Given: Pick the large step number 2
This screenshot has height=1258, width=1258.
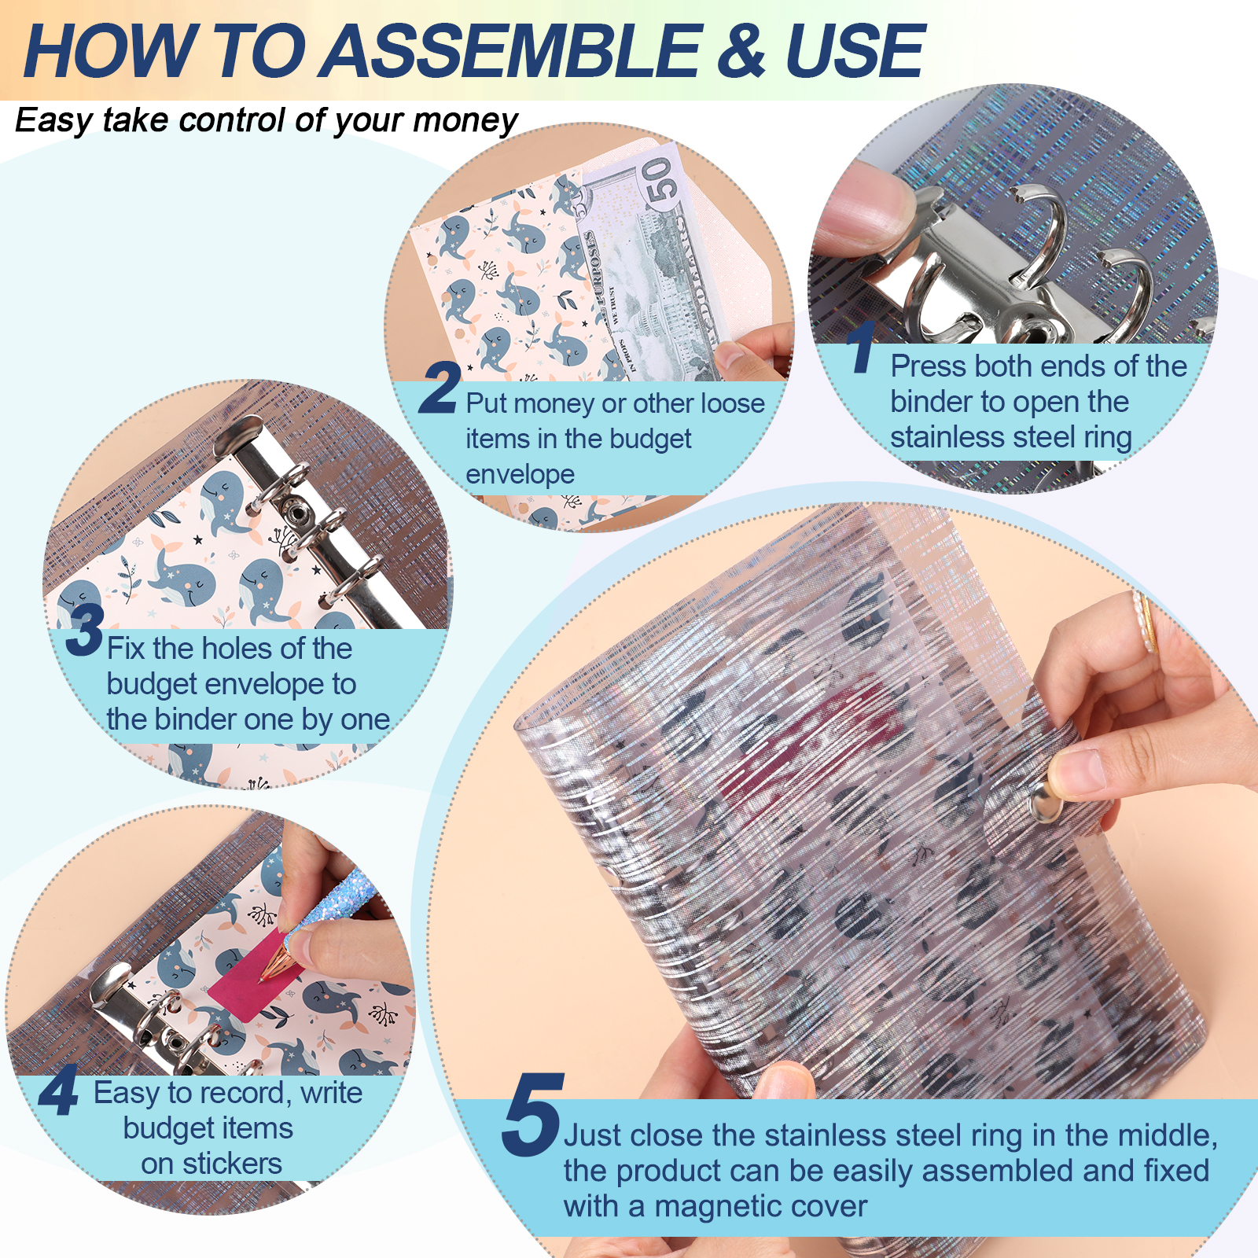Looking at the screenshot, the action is click(439, 387).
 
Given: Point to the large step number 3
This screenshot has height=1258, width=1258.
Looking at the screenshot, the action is click(85, 629).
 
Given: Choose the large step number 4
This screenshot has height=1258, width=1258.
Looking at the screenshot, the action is click(59, 1090).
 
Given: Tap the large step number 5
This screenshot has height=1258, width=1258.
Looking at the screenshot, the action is click(533, 1115).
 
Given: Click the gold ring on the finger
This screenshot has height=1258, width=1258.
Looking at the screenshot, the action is click(1144, 622).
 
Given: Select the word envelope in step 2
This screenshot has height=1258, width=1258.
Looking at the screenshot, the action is click(520, 474).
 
